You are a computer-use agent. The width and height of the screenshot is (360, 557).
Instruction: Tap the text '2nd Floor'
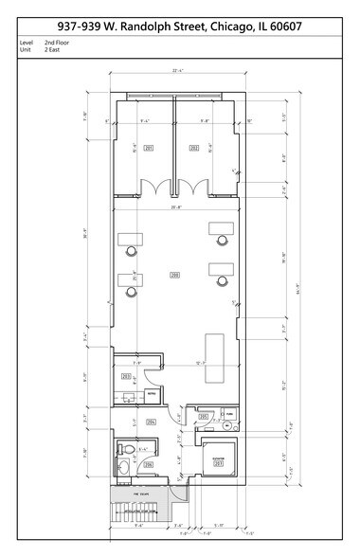[x=56, y=44]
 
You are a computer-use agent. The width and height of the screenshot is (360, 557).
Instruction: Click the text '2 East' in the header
[x=52, y=51]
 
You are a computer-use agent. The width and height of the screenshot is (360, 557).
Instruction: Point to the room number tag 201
[x=148, y=149]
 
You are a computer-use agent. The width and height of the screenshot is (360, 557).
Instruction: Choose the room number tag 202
[x=193, y=149]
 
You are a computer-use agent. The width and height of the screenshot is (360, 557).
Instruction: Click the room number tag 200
[x=174, y=275]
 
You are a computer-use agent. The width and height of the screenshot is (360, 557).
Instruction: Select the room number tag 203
[x=126, y=376]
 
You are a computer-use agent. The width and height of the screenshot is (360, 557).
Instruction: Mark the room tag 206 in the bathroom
[x=148, y=464]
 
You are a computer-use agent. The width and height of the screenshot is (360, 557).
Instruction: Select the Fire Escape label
[x=143, y=494]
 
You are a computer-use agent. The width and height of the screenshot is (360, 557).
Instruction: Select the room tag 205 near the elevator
[x=204, y=415]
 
